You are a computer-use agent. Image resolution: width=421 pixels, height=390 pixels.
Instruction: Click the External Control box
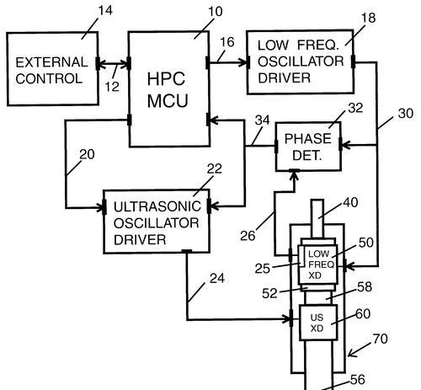(53, 69)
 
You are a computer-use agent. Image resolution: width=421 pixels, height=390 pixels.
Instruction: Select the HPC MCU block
(169, 89)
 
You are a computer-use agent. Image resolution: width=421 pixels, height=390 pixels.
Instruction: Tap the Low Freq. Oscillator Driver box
(301, 61)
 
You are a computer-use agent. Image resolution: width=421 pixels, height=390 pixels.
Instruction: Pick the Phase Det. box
(308, 147)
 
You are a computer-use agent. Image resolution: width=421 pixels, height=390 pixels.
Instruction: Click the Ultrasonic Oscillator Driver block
(157, 222)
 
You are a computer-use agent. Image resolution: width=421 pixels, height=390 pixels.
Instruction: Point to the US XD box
(317, 323)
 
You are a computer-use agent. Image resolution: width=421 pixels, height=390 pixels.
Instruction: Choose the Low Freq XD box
(317, 264)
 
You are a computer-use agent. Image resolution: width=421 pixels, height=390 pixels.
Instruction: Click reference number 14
(105, 10)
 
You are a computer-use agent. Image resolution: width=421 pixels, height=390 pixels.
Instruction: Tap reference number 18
(368, 18)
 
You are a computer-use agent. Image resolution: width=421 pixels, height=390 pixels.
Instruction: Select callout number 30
(406, 114)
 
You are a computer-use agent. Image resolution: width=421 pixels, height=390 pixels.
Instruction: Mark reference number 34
(262, 120)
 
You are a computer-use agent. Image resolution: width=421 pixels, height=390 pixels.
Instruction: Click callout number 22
(215, 168)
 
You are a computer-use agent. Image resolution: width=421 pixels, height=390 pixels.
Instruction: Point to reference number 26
(248, 236)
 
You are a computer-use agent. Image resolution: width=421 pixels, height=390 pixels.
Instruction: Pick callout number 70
(381, 339)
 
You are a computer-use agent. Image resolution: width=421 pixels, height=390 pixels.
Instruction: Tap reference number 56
(358, 380)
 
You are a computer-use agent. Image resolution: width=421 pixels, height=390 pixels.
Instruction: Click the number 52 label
(269, 293)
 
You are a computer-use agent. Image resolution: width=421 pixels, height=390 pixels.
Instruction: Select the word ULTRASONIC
(157, 206)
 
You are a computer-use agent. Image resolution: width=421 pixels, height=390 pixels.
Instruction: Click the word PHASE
(308, 139)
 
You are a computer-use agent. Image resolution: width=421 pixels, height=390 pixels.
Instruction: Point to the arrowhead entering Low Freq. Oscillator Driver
(243, 62)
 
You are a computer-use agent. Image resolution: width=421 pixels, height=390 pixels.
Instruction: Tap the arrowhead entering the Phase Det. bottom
(294, 176)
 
